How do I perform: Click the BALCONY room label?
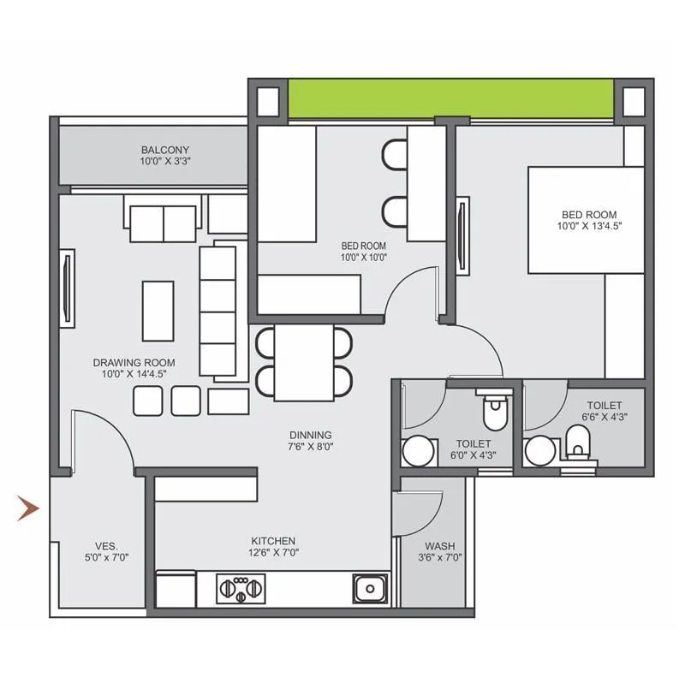click(x=165, y=149)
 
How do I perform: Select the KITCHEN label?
click(x=273, y=540)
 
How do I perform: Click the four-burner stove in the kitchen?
click(x=242, y=589)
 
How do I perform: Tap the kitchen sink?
click(x=370, y=589)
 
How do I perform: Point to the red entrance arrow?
click(x=29, y=509)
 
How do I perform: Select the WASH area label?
click(x=439, y=545)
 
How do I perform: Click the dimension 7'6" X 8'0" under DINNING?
click(x=310, y=446)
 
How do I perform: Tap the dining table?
click(x=304, y=362)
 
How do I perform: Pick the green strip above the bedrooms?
click(x=451, y=99)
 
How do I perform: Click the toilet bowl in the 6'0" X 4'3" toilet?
click(x=495, y=413)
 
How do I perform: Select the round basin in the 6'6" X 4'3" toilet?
click(x=540, y=450)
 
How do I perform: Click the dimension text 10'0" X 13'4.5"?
click(x=589, y=226)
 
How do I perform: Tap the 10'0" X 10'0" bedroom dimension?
click(x=364, y=256)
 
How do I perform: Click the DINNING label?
click(x=310, y=435)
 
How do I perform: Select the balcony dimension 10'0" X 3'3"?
click(x=165, y=160)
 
